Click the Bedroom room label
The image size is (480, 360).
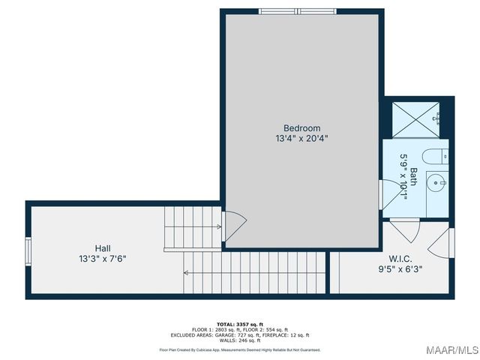(301, 128)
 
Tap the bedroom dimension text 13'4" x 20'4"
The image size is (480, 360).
(301, 139)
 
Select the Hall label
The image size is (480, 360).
(103, 248)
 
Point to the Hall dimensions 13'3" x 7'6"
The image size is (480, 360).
(103, 259)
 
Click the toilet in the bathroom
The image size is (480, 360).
(433, 157)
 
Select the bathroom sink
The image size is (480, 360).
(436, 182)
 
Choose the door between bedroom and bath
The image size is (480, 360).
(390, 193)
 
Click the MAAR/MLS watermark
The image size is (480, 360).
(452, 350)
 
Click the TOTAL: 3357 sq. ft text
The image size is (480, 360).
(239, 324)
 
